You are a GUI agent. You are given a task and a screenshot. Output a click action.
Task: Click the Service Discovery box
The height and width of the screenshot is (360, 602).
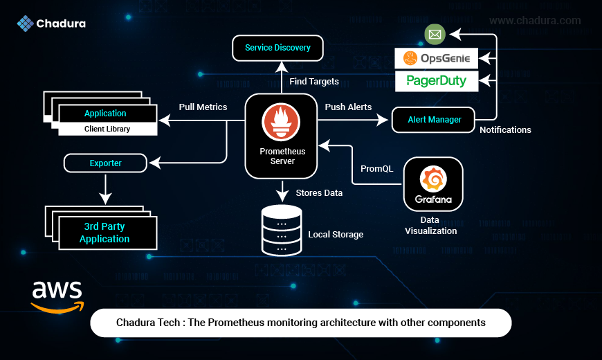(x=277, y=48)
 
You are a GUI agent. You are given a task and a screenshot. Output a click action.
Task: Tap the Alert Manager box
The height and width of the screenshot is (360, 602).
(x=433, y=120)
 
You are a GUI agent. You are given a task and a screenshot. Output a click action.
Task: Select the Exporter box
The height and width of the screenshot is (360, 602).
(x=105, y=163)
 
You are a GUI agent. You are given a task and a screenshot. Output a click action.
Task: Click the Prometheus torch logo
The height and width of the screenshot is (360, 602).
(x=281, y=122)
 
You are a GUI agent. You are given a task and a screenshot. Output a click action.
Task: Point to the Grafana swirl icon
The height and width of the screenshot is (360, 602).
(x=433, y=179)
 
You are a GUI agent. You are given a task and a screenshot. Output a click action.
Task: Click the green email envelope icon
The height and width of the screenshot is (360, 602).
(x=435, y=34)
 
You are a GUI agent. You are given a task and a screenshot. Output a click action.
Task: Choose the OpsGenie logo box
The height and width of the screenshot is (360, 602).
(x=436, y=58)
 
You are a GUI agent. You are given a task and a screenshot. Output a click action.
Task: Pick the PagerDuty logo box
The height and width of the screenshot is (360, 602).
(x=437, y=81)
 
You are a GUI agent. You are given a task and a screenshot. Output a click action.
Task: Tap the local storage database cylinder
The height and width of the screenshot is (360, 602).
(x=282, y=231)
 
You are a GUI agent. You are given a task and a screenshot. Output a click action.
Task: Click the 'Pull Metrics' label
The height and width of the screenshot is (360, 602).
(x=203, y=107)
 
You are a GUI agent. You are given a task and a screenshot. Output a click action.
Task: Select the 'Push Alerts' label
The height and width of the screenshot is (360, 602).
(x=348, y=107)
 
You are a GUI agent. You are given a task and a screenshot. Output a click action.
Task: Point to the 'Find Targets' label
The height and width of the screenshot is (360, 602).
(x=314, y=82)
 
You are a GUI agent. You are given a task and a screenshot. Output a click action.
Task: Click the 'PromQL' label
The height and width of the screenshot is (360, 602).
(x=376, y=169)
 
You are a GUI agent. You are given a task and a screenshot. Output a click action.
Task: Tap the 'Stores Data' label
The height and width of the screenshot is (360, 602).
(x=319, y=193)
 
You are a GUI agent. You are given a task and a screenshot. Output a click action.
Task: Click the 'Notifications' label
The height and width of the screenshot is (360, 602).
(x=505, y=130)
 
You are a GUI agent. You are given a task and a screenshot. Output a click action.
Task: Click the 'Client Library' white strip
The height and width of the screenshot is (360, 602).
(x=108, y=129)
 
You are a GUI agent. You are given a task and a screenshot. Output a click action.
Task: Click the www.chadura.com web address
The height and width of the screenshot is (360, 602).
(x=535, y=20)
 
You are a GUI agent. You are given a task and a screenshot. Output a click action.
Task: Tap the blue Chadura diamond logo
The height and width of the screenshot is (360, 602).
(x=26, y=24)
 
